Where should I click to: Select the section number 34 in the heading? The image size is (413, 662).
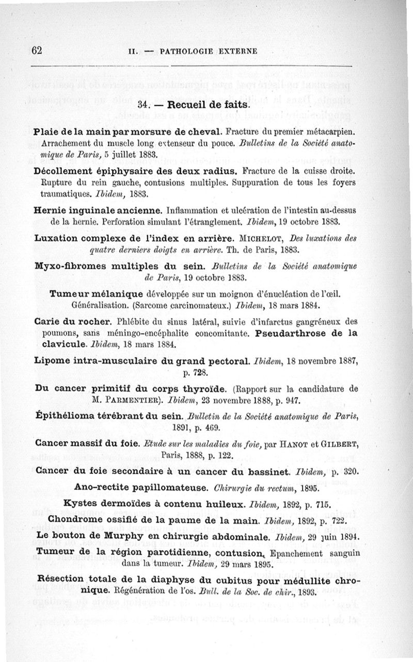(x=144, y=104)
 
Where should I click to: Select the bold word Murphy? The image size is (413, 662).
(x=123, y=536)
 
